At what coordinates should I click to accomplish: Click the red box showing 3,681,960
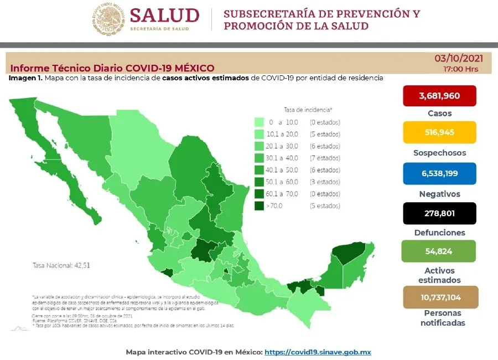pyautogui.click(x=439, y=96)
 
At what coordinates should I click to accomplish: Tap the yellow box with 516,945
pyautogui.click(x=439, y=132)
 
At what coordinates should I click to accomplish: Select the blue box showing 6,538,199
pyautogui.click(x=439, y=173)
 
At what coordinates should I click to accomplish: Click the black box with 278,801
pyautogui.click(x=439, y=213)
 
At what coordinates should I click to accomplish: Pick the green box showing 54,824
pyautogui.click(x=439, y=251)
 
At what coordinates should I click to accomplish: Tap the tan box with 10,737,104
pyautogui.click(x=439, y=297)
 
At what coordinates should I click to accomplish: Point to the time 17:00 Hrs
pyautogui.click(x=460, y=69)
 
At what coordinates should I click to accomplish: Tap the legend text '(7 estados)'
pyautogui.click(x=325, y=158)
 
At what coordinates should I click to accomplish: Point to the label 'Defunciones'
pyautogui.click(x=439, y=233)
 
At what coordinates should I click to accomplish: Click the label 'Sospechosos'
pyautogui.click(x=439, y=153)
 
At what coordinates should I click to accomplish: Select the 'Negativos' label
pyautogui.click(x=439, y=194)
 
